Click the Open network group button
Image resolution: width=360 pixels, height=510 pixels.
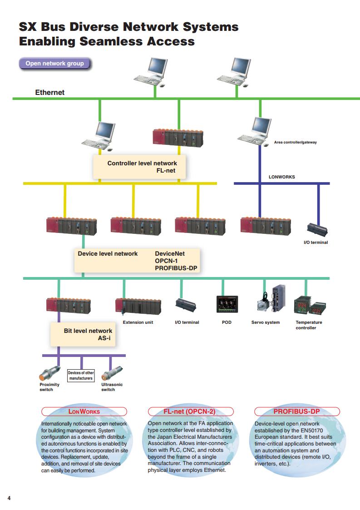coord(54,64)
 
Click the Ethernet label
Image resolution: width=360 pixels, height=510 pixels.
coord(50,92)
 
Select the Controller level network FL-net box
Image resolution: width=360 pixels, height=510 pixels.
coord(139,167)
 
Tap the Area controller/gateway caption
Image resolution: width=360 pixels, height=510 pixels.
coord(295,142)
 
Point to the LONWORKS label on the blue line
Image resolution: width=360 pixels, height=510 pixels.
coord(281,177)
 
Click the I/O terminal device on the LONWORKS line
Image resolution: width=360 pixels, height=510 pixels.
coord(317,229)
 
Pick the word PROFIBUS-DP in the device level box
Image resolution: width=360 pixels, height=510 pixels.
coord(176,268)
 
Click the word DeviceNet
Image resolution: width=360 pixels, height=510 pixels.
coord(170,254)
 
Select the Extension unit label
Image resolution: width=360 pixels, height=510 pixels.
coord(138,322)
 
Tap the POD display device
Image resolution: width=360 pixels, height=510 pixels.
coord(227,304)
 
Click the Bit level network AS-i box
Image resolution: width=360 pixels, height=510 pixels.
coord(83,334)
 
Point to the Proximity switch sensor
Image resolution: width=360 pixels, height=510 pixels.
coord(49,373)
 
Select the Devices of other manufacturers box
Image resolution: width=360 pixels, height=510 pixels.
coord(81,375)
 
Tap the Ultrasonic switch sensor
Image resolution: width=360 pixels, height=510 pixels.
coord(112,373)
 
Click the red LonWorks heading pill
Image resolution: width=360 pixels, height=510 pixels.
coord(84,411)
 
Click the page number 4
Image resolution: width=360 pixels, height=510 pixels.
coord(9,498)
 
